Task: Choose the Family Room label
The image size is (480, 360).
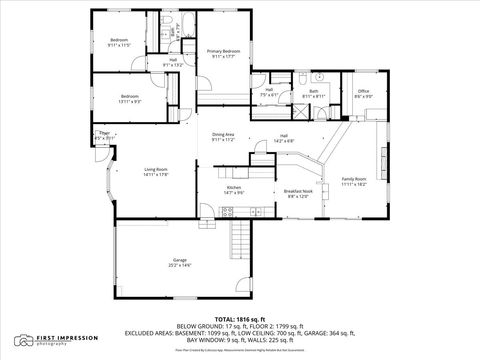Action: (355, 181)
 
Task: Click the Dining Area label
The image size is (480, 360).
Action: (223, 137)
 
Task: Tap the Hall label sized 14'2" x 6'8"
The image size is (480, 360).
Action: (284, 138)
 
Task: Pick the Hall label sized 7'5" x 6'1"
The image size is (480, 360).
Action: (270, 92)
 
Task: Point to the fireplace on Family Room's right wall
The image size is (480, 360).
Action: (381, 158)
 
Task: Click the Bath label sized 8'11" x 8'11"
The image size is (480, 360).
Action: (313, 93)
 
